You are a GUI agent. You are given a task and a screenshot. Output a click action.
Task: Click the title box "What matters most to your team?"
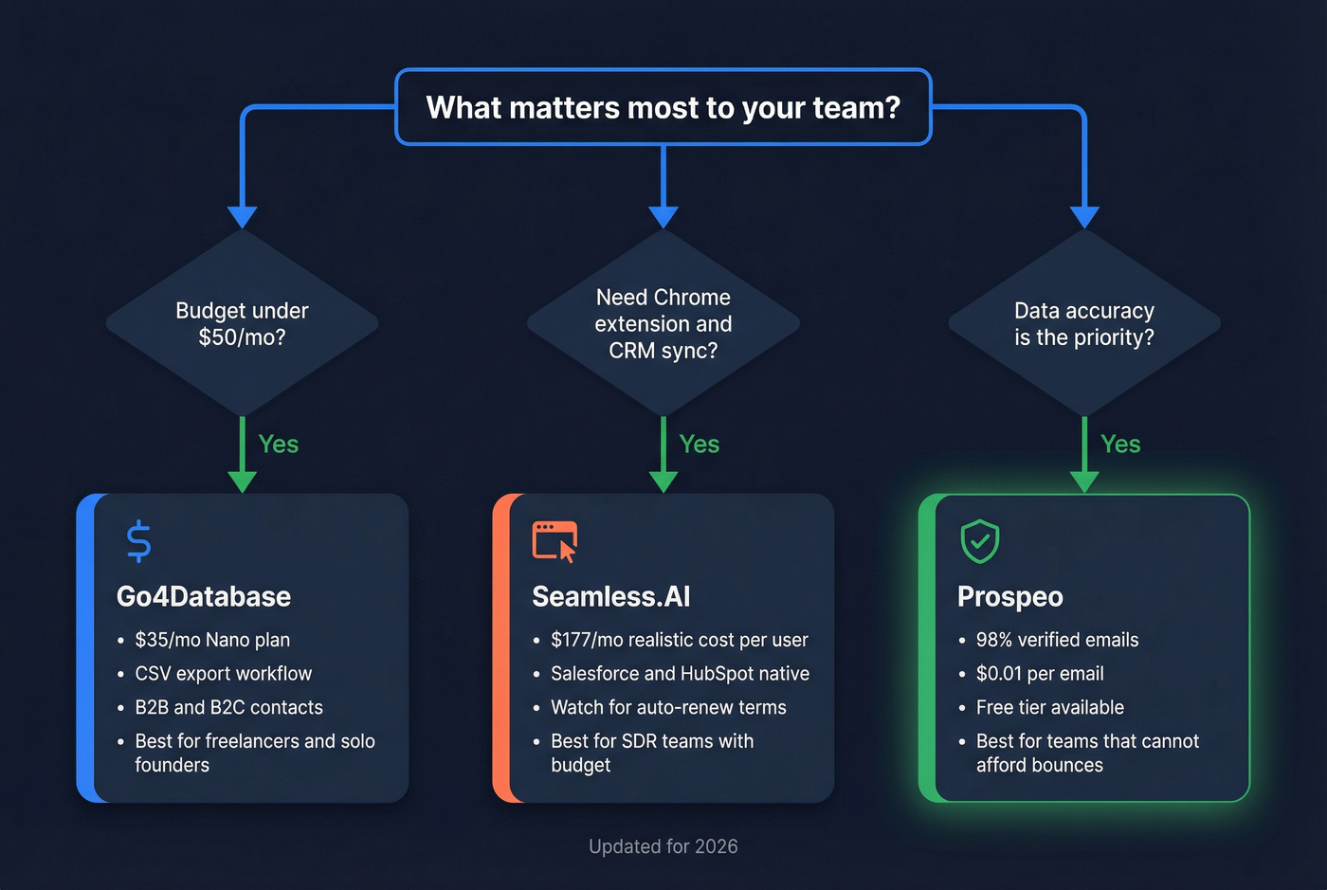(663, 107)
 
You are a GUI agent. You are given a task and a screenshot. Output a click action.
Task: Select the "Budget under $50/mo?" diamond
(242, 323)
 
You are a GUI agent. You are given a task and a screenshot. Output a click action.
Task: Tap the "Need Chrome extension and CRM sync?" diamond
(663, 323)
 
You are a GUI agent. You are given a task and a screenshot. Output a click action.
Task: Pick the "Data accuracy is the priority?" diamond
(1084, 323)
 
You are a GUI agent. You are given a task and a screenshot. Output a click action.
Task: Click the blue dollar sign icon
(138, 541)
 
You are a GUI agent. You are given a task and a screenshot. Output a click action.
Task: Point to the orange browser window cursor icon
(554, 541)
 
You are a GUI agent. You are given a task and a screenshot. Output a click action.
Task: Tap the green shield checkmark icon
(980, 541)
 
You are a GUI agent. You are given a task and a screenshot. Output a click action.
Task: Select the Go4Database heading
(204, 596)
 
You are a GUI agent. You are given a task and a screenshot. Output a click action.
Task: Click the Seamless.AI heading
(611, 596)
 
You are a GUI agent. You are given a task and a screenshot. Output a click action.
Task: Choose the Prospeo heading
(1010, 596)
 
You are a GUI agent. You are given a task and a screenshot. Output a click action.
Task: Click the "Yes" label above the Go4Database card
(279, 444)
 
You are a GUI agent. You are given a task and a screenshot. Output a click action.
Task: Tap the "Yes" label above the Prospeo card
(1120, 444)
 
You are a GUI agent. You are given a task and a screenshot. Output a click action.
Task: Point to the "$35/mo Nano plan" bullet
(212, 640)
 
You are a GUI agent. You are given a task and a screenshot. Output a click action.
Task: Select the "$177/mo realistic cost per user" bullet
(680, 640)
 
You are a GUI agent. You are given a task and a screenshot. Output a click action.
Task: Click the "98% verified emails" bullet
(1058, 640)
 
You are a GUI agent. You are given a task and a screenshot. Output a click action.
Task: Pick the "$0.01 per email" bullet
(1040, 674)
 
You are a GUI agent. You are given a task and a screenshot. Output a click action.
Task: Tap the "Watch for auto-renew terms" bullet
(668, 707)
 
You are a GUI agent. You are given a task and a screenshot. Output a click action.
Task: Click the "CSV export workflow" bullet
(224, 674)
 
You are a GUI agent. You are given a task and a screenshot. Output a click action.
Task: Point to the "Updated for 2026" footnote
(663, 846)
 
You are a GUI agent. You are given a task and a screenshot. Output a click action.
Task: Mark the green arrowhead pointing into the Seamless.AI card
(663, 481)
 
